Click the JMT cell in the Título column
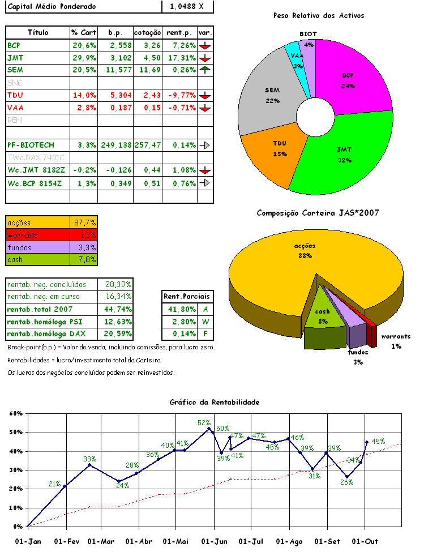[16, 57]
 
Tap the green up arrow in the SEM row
[205, 70]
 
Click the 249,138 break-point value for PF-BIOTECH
[115, 145]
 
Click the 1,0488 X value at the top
[186, 6]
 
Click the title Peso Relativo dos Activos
[318, 15]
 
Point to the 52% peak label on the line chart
[204, 422]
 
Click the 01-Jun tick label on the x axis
[215, 541]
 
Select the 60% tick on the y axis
[16, 413]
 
